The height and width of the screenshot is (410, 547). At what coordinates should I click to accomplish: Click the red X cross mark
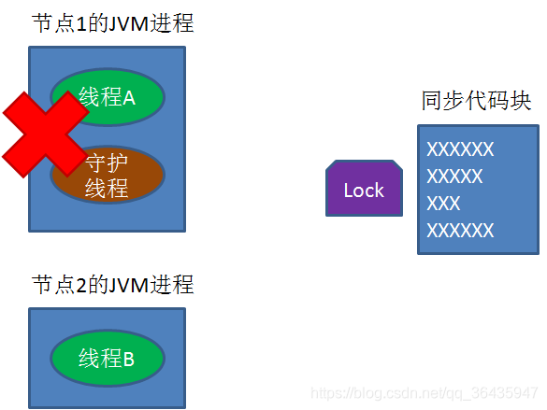click(x=44, y=134)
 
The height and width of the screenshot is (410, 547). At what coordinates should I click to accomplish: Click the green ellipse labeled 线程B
click(x=108, y=359)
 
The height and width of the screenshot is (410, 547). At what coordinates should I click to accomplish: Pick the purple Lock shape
click(x=363, y=191)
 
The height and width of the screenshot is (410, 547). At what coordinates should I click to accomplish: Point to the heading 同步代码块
click(x=476, y=101)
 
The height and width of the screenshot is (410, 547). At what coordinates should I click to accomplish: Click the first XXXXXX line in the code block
click(x=459, y=149)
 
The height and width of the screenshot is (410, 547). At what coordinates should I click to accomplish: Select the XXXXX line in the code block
click(x=454, y=177)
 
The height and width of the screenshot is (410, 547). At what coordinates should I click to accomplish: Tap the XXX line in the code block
click(x=443, y=204)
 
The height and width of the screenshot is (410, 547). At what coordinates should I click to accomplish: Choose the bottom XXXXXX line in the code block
click(x=459, y=231)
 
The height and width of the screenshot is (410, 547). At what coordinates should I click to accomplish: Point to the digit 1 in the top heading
click(x=79, y=24)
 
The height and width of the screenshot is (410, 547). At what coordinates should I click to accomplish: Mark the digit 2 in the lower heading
click(x=79, y=284)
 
